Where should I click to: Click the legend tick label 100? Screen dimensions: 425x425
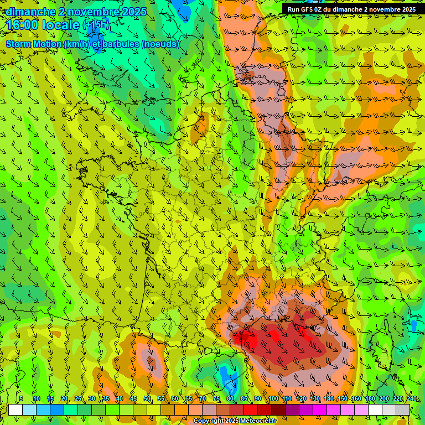click(273, 398)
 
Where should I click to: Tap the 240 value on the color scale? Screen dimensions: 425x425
click(411, 398)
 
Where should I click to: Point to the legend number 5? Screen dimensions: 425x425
click(21, 398)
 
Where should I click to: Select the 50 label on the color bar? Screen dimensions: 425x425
click(147, 398)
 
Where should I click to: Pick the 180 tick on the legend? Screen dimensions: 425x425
click(370, 398)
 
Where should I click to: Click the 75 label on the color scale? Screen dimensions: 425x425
click(216, 398)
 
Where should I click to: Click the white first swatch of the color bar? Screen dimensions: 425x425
click(15, 410)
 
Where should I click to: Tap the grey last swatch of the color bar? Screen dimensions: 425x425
click(403, 410)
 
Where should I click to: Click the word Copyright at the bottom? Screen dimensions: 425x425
click(208, 421)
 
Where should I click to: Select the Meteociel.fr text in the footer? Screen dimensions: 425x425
click(258, 421)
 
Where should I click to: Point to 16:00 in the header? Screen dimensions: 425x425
click(22, 25)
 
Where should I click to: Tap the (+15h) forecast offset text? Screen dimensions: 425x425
click(96, 25)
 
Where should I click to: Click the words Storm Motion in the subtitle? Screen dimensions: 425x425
click(34, 44)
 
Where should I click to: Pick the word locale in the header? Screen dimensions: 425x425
click(60, 25)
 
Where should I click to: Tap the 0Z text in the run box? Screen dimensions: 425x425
click(319, 9)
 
